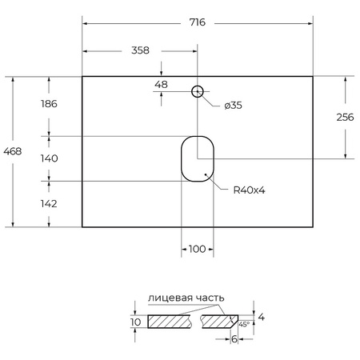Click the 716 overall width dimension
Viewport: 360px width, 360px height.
click(197, 22)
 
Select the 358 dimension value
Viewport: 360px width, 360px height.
click(140, 50)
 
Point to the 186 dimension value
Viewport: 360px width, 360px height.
click(50, 104)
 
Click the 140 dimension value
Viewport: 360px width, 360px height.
click(50, 158)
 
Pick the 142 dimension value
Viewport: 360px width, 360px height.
click(50, 204)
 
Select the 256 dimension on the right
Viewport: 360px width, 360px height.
click(345, 117)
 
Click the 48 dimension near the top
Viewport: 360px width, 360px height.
click(161, 84)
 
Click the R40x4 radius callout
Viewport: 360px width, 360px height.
click(249, 190)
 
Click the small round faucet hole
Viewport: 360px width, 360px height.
click(197, 91)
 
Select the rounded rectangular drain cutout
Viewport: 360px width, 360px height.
click(197, 158)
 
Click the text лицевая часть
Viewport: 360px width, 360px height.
click(186, 298)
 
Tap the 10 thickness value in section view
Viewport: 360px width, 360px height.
click(135, 322)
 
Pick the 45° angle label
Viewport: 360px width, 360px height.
click(242, 325)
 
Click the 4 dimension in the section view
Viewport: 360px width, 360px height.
click(262, 318)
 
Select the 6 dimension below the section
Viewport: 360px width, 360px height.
click(233, 340)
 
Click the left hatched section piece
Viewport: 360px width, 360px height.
click(170, 322)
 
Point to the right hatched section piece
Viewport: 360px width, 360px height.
click(218, 322)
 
